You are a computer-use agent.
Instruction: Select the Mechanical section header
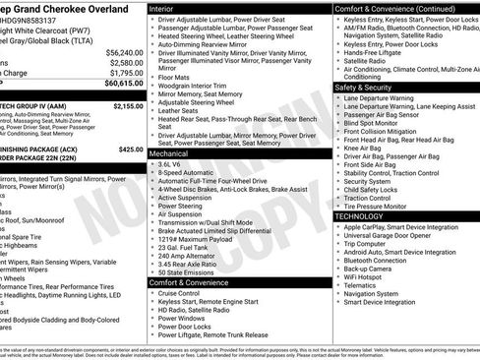pyautogui.click(x=172, y=153)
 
